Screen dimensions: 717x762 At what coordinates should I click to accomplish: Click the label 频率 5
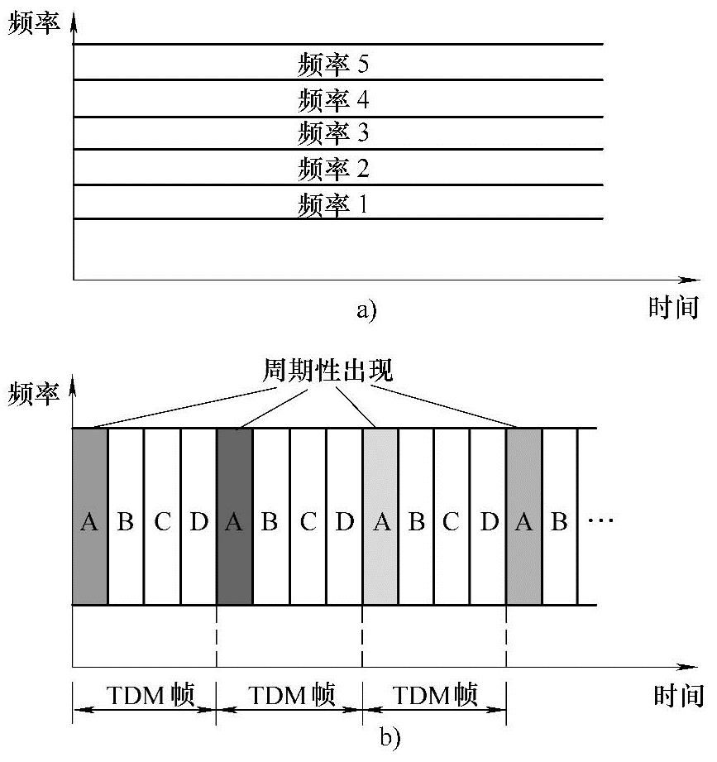point(332,64)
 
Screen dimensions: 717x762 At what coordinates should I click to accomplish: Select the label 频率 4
point(332,100)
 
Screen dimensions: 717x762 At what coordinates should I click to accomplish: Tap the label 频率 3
point(332,132)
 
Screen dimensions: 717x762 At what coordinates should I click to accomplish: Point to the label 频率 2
point(332,168)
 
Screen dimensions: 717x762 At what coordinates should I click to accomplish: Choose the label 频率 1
point(332,204)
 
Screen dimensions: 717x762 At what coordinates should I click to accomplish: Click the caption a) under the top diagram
point(365,311)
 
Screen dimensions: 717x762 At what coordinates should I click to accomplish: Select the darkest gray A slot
point(234,521)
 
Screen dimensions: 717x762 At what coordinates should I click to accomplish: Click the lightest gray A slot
point(380,521)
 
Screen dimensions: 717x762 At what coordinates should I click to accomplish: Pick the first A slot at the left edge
point(89,521)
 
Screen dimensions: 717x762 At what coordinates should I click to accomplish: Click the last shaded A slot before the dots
point(523,521)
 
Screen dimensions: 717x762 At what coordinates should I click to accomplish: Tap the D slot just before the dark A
point(198,521)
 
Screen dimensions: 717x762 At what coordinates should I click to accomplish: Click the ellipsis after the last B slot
point(600,521)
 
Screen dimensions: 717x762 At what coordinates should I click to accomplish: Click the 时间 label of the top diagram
point(673,308)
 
